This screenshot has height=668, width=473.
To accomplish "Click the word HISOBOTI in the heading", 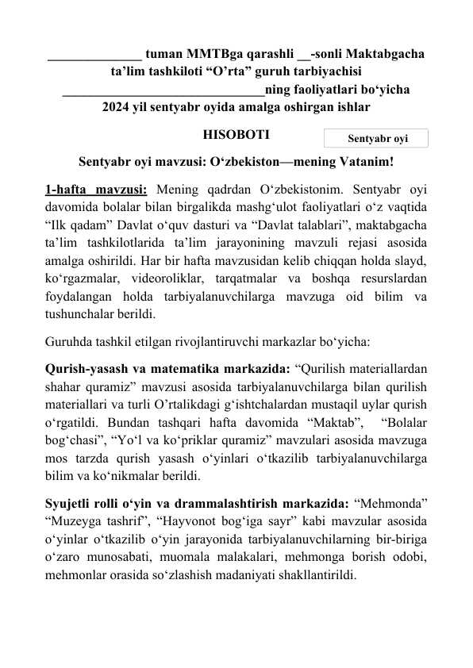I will tap(236, 136).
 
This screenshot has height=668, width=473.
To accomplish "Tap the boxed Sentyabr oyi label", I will tap(377, 139).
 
